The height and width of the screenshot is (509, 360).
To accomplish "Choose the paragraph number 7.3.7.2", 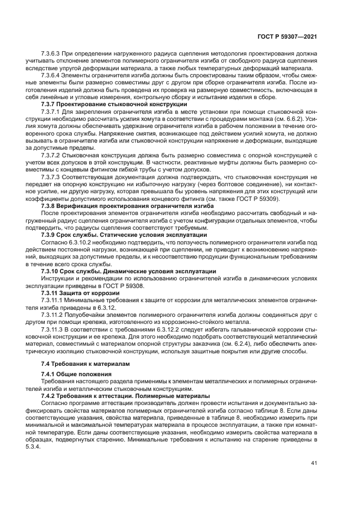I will pos(52,155).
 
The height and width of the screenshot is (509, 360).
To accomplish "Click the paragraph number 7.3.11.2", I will pos(53,315).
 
